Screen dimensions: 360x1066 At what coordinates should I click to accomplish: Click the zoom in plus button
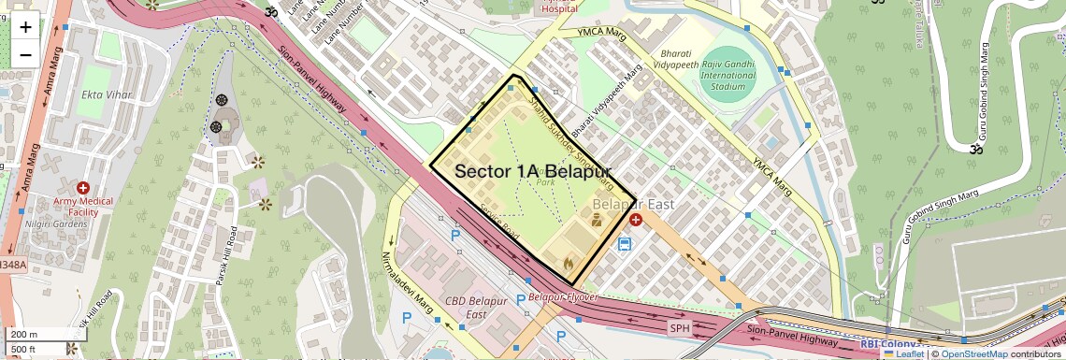(25, 27)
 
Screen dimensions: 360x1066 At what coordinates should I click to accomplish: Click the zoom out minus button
(25, 54)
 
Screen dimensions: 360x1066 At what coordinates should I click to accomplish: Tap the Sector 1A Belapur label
(532, 172)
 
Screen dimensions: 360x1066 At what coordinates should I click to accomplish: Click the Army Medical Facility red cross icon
(83, 188)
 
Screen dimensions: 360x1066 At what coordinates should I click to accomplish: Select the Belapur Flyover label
(562, 297)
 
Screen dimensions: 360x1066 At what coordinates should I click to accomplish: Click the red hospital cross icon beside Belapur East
(636, 220)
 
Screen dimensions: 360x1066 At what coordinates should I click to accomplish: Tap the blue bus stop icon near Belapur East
(624, 245)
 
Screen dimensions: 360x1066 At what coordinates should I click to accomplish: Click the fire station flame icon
(568, 265)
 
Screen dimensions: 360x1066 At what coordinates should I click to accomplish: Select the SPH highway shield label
(679, 328)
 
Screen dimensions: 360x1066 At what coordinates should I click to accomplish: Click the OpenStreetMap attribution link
(973, 353)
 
